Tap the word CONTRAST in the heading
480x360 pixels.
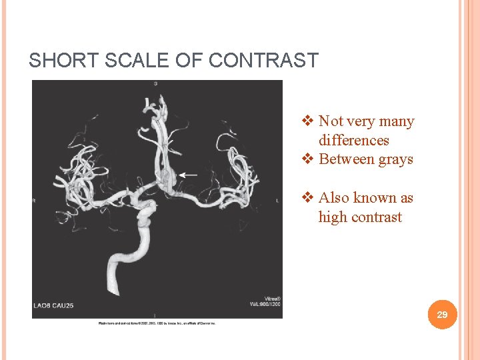coord(263,61)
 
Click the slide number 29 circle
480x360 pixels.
coord(442,314)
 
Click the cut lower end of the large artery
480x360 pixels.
coord(114,288)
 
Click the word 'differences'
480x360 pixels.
coord(353,141)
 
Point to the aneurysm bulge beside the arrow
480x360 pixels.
coord(167,177)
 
